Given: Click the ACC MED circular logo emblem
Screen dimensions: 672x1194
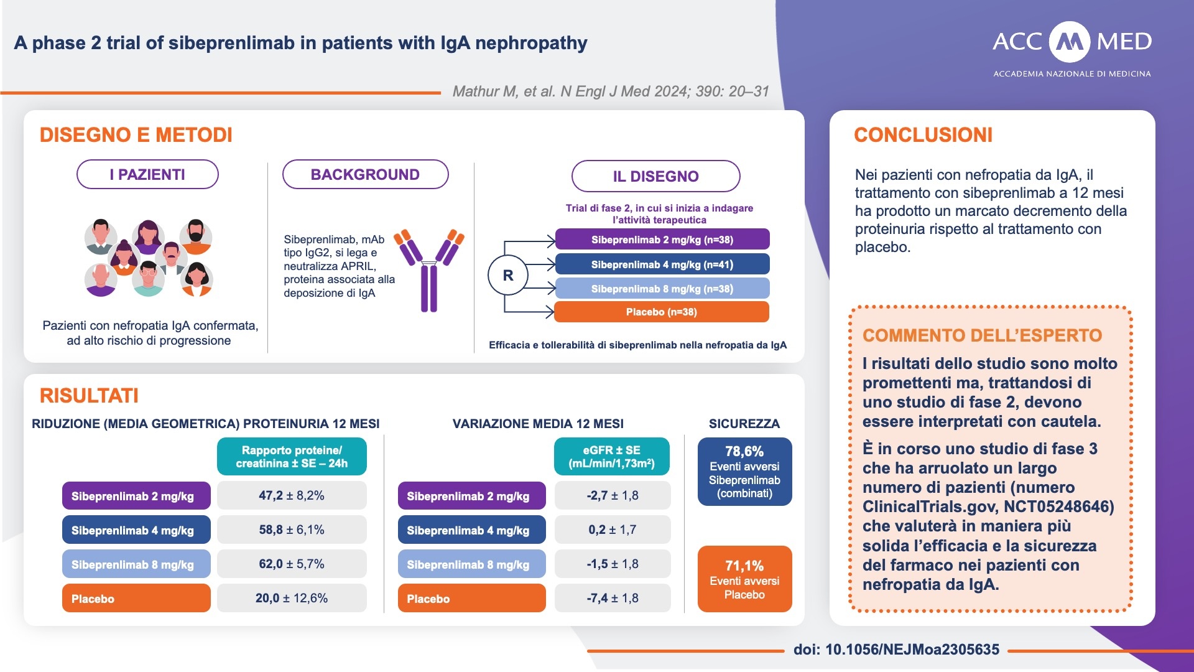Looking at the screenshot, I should tap(1069, 42).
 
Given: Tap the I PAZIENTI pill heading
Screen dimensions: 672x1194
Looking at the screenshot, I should tap(147, 174).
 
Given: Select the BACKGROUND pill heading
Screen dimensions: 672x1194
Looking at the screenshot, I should tap(365, 174).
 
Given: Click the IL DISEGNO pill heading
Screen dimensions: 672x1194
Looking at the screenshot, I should tap(655, 176).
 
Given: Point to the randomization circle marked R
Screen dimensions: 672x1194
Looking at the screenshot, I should tap(507, 275).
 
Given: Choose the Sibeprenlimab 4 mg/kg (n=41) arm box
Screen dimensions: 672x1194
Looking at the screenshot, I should tap(662, 264).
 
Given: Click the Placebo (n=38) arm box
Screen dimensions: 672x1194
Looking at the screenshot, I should tap(661, 312).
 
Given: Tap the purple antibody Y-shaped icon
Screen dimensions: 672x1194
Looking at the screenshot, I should tap(429, 270).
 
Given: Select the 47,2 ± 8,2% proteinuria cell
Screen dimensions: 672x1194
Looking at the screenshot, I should tap(292, 495).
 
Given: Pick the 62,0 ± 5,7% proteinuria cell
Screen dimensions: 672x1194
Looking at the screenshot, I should tap(292, 564).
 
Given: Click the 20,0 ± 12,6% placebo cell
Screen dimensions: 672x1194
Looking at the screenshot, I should tap(292, 598).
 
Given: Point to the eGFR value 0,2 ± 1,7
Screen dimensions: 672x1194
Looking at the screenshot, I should tap(612, 530).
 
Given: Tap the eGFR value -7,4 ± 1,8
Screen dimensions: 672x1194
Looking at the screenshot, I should tap(612, 598).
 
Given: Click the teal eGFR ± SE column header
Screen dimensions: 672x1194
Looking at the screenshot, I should tap(611, 456).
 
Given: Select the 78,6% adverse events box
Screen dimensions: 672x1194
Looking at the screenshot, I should tap(744, 471).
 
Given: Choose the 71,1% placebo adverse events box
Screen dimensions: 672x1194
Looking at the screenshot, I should tap(744, 579).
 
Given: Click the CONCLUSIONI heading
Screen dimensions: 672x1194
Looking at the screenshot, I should tap(923, 135).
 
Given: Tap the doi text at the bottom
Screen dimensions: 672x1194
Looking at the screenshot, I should tap(896, 650).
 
